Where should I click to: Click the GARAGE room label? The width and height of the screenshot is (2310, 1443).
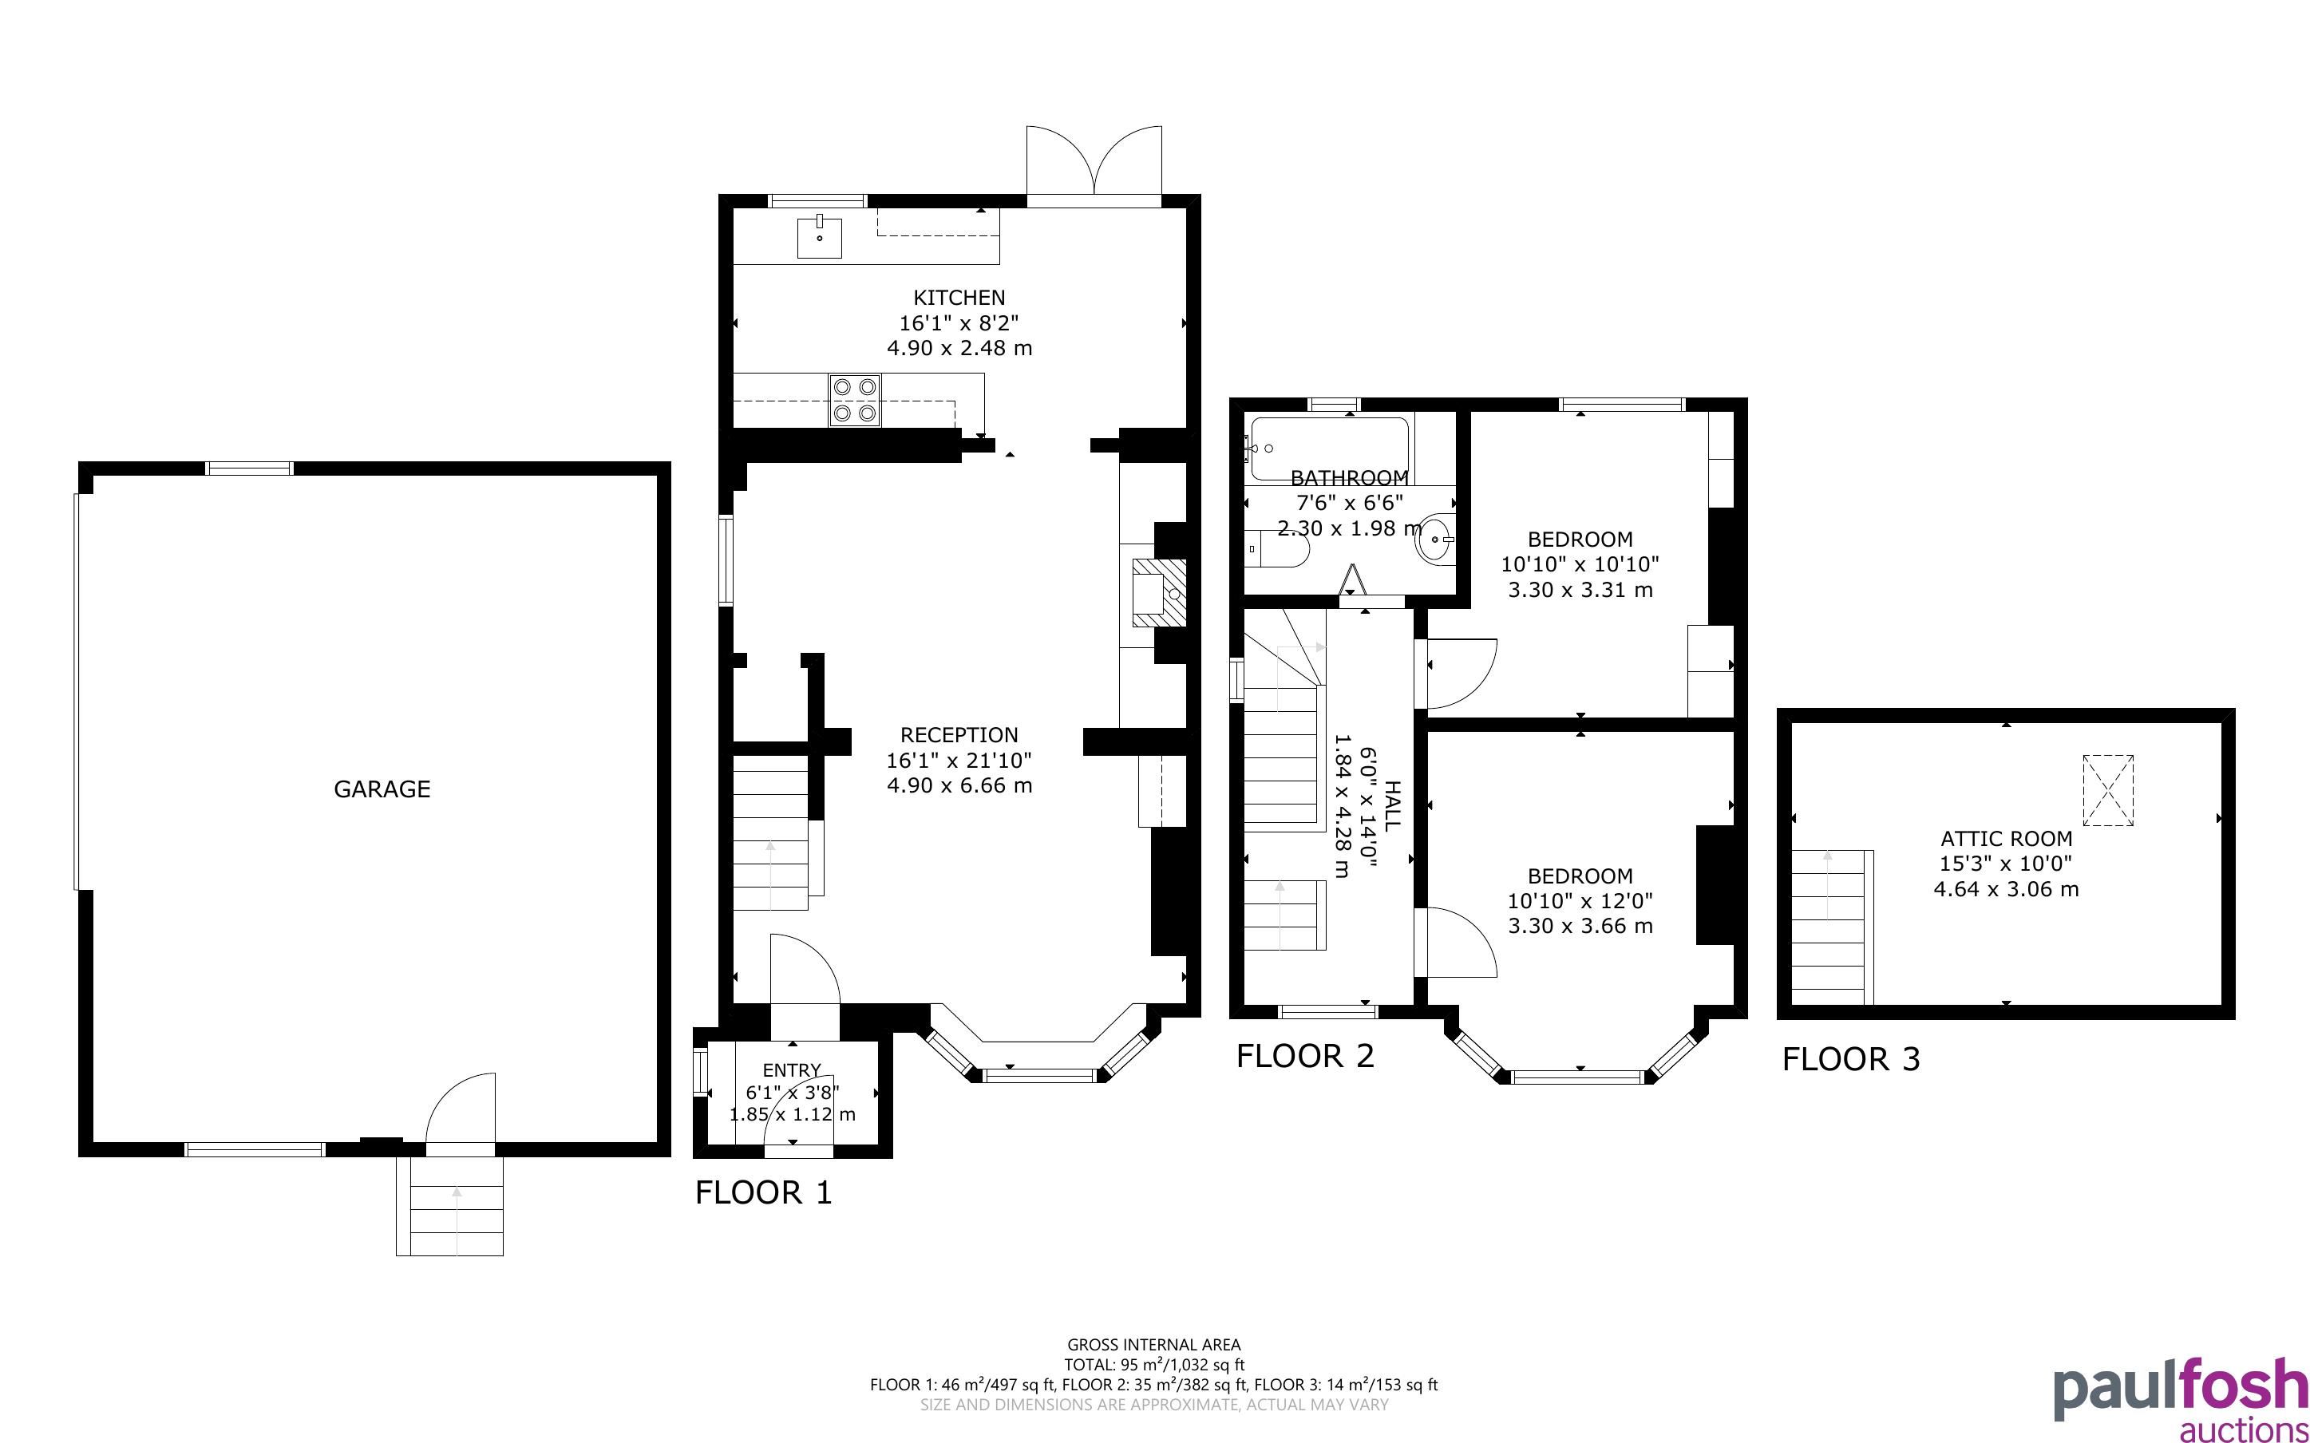click(382, 789)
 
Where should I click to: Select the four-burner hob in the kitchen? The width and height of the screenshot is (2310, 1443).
click(855, 400)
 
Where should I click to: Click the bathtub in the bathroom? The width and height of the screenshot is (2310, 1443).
click(1328, 449)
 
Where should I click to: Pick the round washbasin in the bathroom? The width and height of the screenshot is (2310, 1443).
click(1436, 540)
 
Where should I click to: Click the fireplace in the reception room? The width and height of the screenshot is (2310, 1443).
click(1159, 593)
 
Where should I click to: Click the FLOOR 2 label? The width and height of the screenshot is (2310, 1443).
click(1305, 1056)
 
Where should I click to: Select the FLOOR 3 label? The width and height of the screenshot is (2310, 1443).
click(1851, 1058)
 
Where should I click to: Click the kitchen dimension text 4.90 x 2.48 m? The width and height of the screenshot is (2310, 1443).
click(959, 347)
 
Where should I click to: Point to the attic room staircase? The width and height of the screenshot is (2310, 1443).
click(1832, 927)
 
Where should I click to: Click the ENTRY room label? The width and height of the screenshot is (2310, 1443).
click(792, 1069)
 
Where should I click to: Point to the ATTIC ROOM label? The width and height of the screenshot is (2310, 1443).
click(2007, 839)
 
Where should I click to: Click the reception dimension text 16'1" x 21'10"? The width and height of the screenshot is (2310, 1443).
click(959, 761)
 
